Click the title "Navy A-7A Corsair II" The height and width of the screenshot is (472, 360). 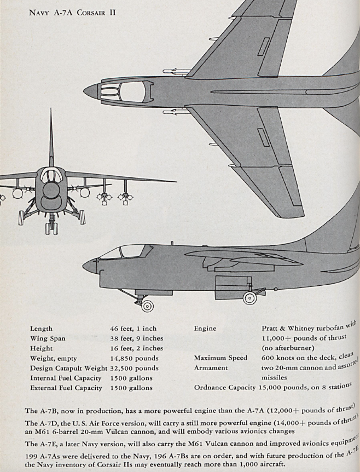(72, 13)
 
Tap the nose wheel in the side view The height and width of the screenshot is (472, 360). (147, 306)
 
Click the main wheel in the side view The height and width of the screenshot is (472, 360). (249, 298)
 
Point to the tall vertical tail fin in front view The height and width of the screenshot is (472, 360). (51, 139)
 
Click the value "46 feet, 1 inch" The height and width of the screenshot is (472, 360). (133, 329)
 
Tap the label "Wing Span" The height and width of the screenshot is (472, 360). (48, 338)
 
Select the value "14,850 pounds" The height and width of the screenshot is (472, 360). (134, 358)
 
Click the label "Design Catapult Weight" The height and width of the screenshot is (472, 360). (68, 368)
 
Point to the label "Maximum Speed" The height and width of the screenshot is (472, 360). (220, 358)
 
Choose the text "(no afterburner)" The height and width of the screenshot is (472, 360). (288, 348)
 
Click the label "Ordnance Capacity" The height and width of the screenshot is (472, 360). (225, 388)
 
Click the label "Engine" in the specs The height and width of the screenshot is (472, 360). (205, 329)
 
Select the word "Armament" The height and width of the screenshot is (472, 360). (211, 367)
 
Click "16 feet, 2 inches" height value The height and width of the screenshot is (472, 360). (137, 348)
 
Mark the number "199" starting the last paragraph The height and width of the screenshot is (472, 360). (31, 456)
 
